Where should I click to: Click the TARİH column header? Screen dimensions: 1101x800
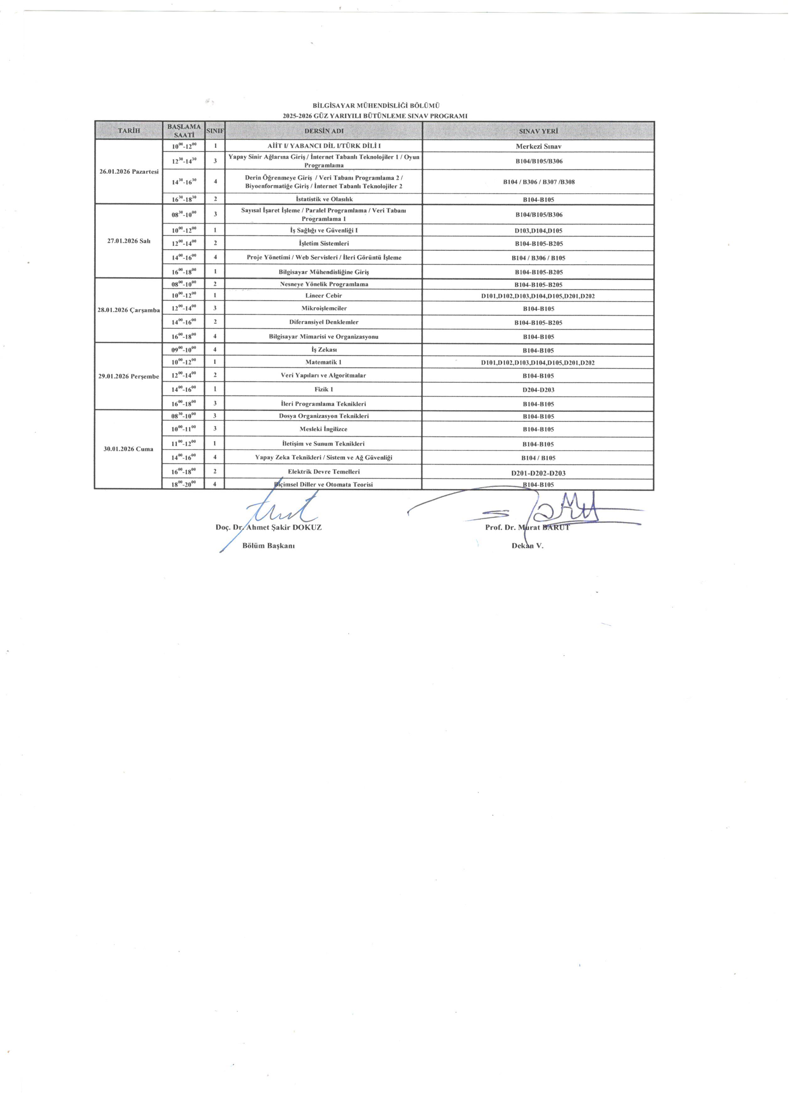129,130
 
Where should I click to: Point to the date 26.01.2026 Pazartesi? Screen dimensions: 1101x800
129,172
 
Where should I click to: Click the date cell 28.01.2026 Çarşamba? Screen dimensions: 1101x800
129,310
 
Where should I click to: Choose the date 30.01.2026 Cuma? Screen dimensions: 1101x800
129,449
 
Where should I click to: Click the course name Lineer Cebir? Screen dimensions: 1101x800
323,295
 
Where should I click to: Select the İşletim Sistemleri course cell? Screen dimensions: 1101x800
323,243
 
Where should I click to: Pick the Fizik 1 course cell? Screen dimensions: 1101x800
323,389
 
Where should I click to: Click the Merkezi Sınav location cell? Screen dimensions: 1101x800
538,146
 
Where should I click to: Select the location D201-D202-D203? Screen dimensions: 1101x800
538,473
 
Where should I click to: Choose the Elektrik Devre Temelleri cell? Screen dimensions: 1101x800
323,471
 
